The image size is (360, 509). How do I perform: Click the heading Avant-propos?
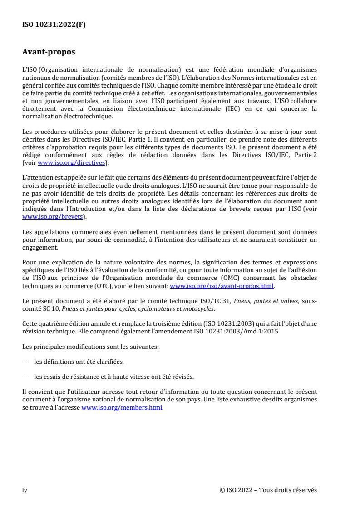tap(49, 52)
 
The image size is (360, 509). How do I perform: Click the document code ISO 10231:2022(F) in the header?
tap(54, 25)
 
